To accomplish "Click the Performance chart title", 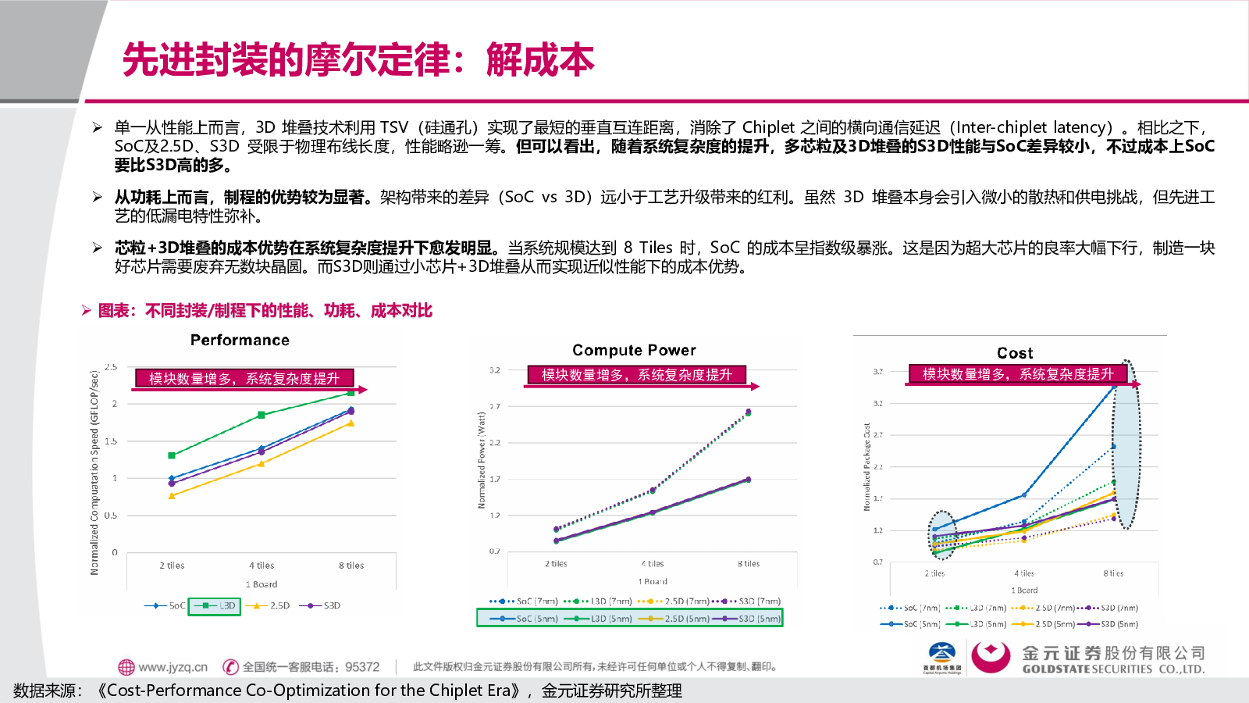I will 240,341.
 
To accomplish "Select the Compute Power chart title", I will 634,351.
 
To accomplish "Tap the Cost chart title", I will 1015,354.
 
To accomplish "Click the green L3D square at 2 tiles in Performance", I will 172,455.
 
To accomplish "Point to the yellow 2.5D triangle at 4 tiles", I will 262,463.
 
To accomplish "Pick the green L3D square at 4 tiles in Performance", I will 262,415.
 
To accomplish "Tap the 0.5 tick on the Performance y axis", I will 111,516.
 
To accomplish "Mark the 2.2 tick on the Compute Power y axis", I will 495,443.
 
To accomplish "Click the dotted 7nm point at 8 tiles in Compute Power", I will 749,412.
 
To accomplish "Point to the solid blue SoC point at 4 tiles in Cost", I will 1024,495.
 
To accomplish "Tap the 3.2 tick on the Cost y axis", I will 878,404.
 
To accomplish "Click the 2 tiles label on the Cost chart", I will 935,574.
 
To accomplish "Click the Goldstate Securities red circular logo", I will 991,656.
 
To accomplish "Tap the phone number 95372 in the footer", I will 362,667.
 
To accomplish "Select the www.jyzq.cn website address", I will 173,667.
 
